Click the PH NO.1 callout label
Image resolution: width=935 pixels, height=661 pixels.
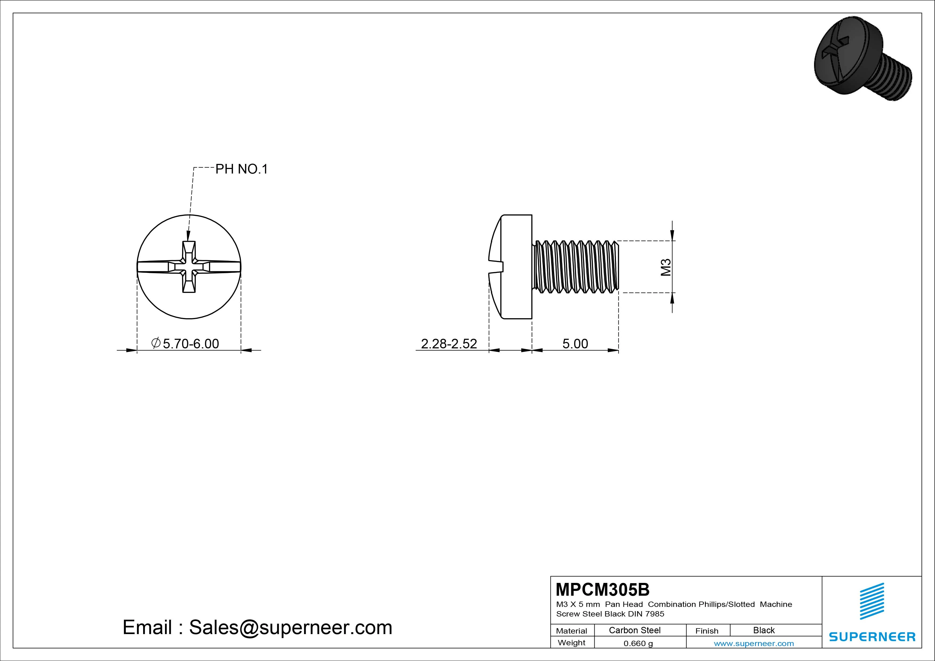[241, 169]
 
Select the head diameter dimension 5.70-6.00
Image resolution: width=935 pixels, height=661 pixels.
[185, 344]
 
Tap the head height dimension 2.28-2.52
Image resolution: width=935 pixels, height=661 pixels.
[449, 344]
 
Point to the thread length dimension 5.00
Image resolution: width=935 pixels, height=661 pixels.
[575, 344]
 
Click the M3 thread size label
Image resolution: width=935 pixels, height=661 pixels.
[666, 267]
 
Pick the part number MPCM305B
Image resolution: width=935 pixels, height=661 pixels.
[603, 589]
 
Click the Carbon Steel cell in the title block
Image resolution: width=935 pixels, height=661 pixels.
[634, 630]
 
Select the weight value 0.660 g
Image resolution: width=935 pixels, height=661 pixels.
[638, 643]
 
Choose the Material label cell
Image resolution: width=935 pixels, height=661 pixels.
[572, 630]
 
